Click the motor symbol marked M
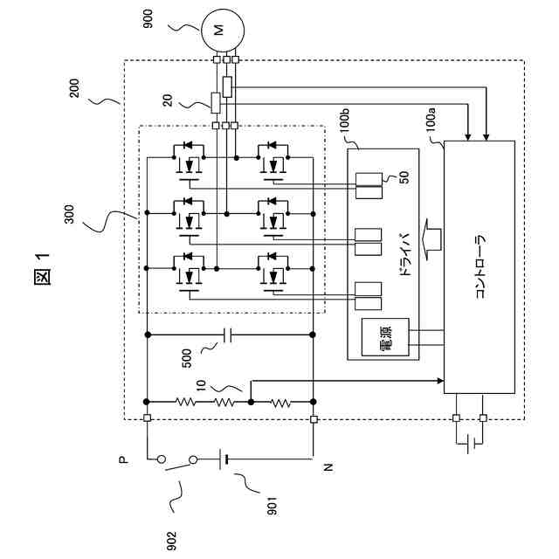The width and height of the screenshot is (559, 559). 218,31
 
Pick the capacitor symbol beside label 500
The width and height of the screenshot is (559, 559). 229,334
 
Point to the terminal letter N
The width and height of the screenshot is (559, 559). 328,468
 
